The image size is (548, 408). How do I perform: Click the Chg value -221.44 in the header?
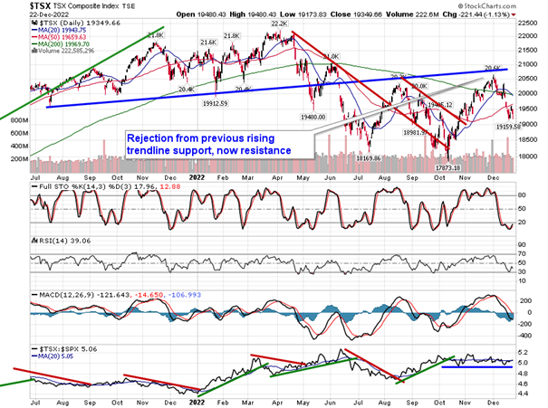pyautogui.click(x=477, y=14)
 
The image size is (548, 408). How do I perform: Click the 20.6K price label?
pyautogui.click(x=493, y=67)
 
